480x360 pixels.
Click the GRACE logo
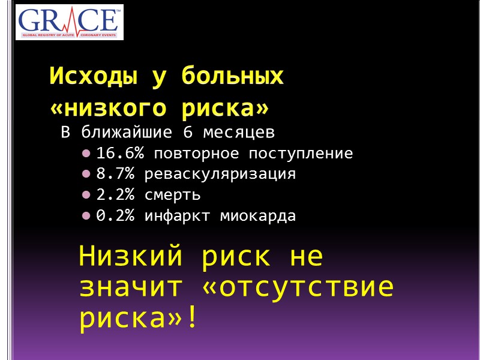pos(68,23)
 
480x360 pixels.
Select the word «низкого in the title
pos(105,109)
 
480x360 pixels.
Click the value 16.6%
pos(120,154)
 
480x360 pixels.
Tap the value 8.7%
pos(115,175)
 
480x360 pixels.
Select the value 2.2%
pos(115,196)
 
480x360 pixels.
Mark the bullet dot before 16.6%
pos(87,154)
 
